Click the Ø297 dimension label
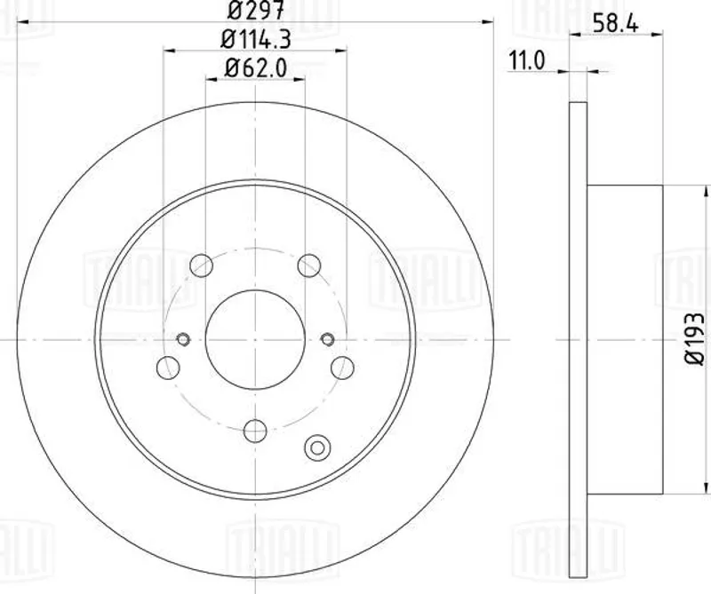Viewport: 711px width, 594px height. coord(256,10)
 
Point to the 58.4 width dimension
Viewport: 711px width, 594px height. coord(615,24)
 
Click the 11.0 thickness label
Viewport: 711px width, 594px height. coord(526,60)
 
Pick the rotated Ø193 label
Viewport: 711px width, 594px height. coord(694,338)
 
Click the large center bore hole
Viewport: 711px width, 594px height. coord(255,339)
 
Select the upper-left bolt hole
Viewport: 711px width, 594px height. coord(202,265)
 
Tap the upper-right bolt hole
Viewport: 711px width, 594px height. coord(309,265)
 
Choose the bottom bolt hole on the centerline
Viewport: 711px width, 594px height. coord(255,431)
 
